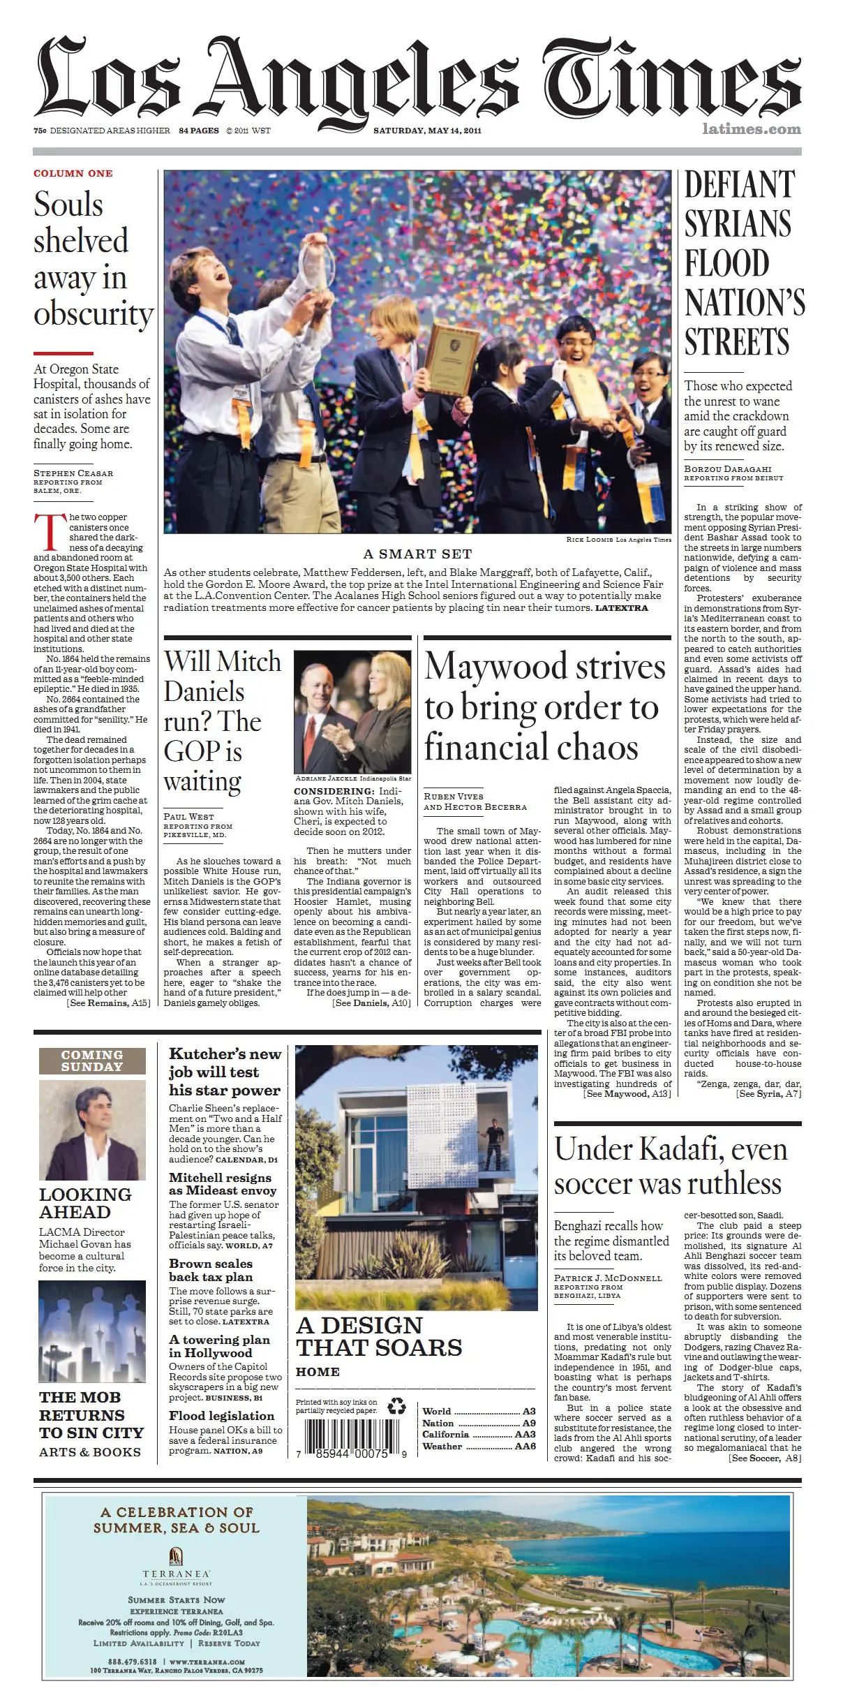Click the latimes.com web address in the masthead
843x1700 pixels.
752,129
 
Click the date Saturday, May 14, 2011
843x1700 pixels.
427,131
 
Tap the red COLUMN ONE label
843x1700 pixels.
73,173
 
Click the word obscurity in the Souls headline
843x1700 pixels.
94,313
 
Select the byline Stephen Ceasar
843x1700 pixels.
73,473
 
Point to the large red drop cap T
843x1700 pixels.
47,533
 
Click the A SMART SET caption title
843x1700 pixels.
417,554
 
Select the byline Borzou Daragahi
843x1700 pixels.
727,469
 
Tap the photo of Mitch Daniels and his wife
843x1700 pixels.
352,711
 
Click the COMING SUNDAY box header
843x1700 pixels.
92,1060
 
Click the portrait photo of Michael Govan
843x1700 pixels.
92,1130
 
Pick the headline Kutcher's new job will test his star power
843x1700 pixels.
225,1072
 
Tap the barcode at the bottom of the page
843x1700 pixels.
352,1437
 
